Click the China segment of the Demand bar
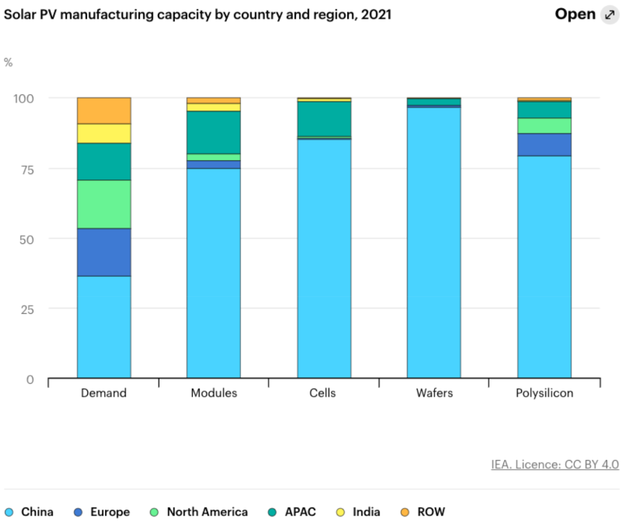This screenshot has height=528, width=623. tap(104, 327)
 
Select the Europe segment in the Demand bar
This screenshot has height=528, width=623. tap(104, 252)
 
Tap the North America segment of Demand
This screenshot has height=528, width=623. tap(104, 204)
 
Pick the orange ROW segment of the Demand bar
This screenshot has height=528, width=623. tap(104, 110)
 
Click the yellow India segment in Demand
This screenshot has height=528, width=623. tap(104, 134)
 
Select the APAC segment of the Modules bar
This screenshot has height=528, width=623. tap(213, 132)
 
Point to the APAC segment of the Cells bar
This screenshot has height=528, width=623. tap(324, 119)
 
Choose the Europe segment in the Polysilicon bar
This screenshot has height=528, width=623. tap(544, 144)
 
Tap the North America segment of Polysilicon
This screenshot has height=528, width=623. tap(544, 126)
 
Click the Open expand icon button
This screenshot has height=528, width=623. tap(610, 14)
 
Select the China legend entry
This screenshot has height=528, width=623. tap(29, 512)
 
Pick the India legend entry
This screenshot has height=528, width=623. tap(358, 512)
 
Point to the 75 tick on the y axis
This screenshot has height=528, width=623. tap(26, 169)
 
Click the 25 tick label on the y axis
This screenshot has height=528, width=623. tap(26, 309)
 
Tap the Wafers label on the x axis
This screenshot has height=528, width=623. tap(434, 393)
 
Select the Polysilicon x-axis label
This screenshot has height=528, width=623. tap(544, 393)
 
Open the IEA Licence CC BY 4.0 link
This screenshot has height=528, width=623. tap(555, 464)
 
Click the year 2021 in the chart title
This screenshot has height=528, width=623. tap(376, 14)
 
